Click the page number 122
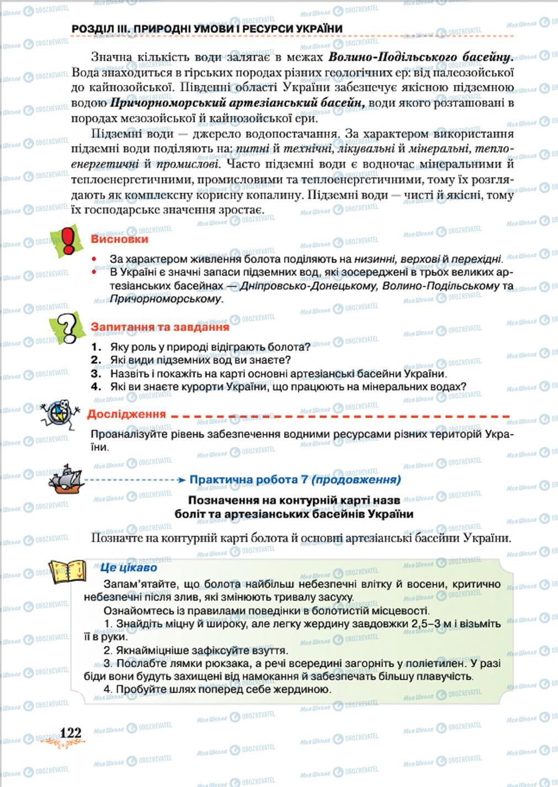point(70,732)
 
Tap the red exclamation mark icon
point(68,241)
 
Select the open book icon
point(68,571)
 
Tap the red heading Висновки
point(119,239)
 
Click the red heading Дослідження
point(126,414)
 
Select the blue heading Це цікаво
point(129,568)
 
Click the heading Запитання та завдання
point(160,326)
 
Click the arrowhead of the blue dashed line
point(182,480)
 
